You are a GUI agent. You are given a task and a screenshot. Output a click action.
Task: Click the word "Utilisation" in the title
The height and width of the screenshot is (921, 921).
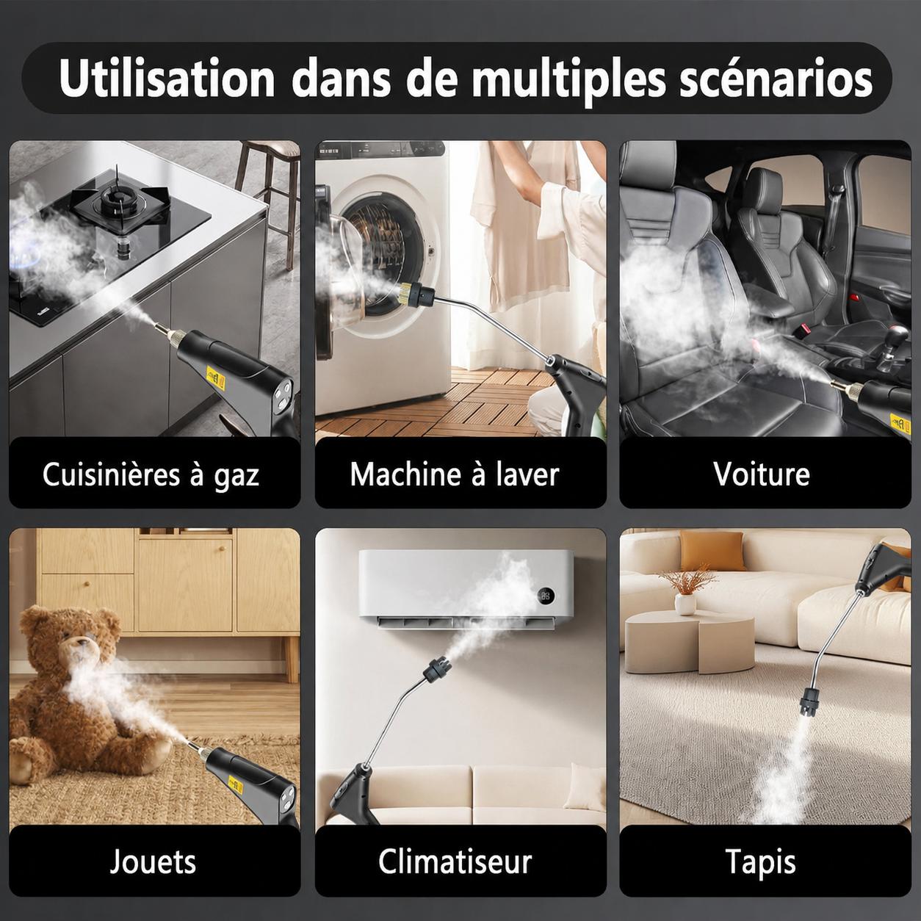click(167, 79)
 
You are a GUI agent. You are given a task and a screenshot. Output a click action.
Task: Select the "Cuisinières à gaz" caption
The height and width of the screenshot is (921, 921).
click(151, 475)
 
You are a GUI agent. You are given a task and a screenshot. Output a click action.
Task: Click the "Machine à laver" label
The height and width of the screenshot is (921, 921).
click(455, 474)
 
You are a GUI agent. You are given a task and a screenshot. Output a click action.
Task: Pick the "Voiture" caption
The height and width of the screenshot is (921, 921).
click(762, 474)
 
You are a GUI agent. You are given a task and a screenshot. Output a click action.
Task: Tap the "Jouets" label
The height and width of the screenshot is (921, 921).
click(153, 862)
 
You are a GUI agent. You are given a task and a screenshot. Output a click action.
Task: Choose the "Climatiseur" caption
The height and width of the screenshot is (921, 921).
click(455, 862)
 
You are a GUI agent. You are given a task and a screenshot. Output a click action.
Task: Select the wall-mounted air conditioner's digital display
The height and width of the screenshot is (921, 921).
click(546, 596)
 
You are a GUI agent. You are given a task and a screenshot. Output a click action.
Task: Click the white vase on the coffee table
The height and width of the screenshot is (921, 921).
click(685, 604)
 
